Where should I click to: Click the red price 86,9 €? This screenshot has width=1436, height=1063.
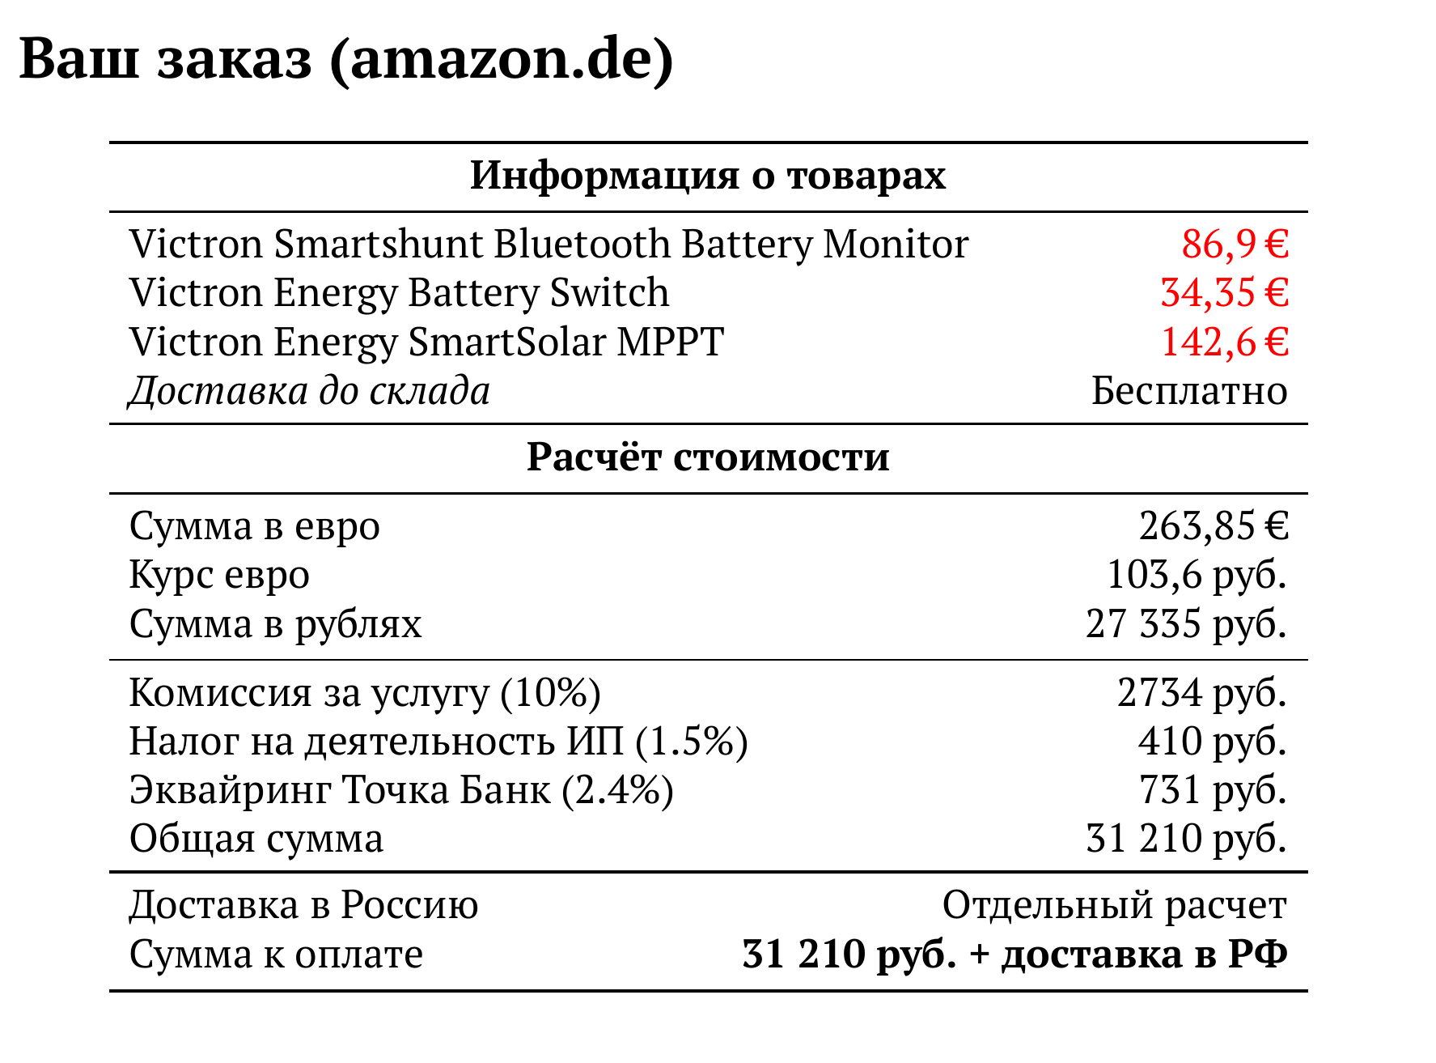click(x=1235, y=244)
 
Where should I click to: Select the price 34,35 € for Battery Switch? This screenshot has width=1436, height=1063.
click(x=1224, y=293)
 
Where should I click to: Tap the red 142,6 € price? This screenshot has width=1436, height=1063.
click(x=1224, y=342)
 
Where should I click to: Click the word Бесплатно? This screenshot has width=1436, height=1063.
click(x=1189, y=391)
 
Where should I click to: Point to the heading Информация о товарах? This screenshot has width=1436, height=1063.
click(x=708, y=176)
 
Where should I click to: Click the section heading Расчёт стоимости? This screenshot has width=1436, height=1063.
click(x=708, y=457)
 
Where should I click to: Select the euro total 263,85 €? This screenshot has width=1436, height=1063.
click(x=1214, y=526)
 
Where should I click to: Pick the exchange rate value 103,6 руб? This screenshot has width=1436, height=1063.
click(x=1197, y=576)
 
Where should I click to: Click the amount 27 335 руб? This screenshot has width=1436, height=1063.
click(x=1186, y=624)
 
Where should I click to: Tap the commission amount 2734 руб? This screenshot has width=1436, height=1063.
click(x=1201, y=693)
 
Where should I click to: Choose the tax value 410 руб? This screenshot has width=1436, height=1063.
click(x=1212, y=742)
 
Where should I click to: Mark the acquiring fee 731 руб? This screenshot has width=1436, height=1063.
click(x=1212, y=790)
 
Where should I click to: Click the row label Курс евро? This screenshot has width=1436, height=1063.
click(x=219, y=576)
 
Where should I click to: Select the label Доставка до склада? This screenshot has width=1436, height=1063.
click(x=310, y=391)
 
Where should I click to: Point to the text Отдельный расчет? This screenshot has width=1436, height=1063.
click(x=1115, y=905)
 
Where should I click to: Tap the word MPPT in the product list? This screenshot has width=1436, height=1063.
click(x=671, y=342)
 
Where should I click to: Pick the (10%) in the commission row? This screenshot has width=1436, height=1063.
click(x=551, y=693)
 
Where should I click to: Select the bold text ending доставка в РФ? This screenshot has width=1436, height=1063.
click(x=1015, y=955)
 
